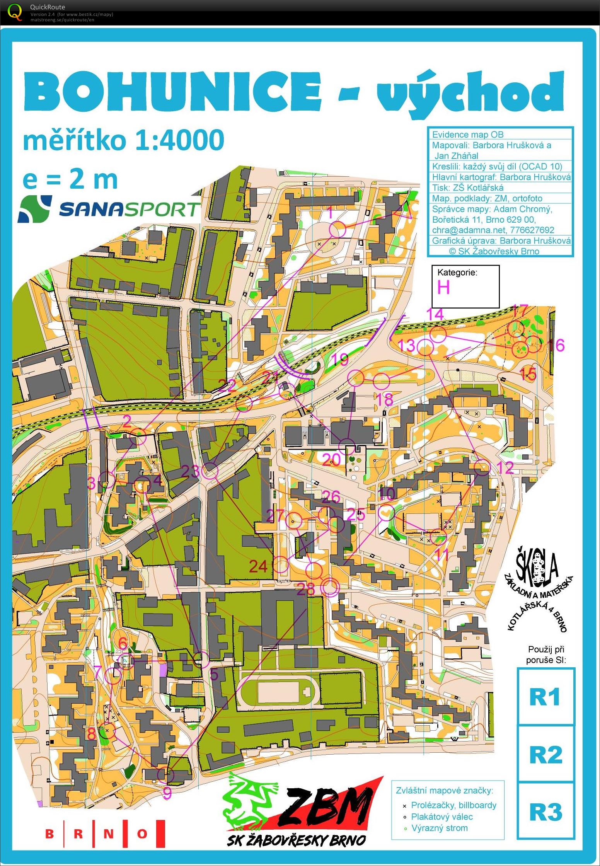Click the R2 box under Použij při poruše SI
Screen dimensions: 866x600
pos(545,754)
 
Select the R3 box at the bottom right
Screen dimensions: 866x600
pos(545,812)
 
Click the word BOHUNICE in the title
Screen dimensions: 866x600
pos(172,92)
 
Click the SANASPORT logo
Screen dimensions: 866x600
pos(109,209)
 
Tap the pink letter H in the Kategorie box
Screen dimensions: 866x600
pos(443,288)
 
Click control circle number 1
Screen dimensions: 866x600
pos(337,230)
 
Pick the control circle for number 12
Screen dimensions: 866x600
pos(482,468)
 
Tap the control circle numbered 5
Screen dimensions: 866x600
pos(201,660)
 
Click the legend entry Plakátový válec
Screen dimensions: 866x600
pos(441,817)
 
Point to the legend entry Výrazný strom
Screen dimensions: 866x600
pos(439,828)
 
